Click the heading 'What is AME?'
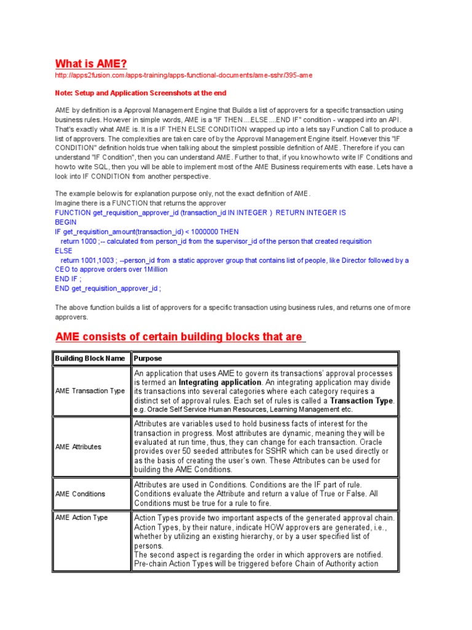point(92,64)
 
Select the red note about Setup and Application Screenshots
point(141,93)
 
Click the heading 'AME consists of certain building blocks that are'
point(179,337)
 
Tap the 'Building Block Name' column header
point(90,358)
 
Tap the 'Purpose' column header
point(148,358)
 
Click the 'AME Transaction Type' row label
point(90,391)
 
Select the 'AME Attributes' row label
point(78,447)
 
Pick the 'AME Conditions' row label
point(80,493)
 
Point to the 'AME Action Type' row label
point(81,517)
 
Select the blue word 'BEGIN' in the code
point(66,221)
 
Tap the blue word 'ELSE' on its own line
point(64,250)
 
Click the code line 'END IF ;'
point(68,279)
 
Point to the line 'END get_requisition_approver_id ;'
point(108,288)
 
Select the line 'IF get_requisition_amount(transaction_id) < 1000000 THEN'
point(147,231)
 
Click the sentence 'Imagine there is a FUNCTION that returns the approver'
point(141,203)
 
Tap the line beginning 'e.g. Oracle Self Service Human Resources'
point(243,409)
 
